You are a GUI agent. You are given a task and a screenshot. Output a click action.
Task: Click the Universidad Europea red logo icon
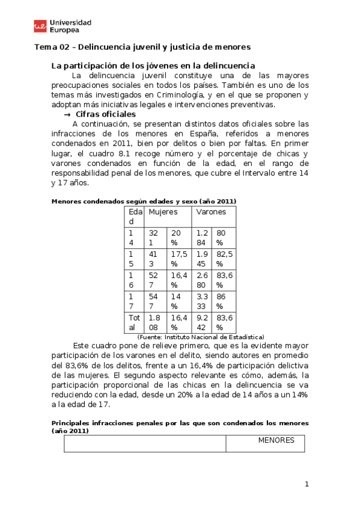point(40,26)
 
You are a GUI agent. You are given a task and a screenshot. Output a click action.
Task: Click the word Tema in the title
point(43,46)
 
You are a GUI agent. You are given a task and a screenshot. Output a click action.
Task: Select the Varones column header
point(211,212)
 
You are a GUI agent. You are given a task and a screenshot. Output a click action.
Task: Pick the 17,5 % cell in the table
point(178,259)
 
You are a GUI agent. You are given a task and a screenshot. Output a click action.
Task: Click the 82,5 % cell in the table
point(224,259)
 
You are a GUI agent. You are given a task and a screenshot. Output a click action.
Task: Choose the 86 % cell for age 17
point(223,301)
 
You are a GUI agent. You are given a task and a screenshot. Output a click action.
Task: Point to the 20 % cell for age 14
point(176,237)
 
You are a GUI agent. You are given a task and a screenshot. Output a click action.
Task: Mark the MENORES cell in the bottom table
point(276,440)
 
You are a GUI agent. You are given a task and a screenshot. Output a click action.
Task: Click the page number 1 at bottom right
point(307,484)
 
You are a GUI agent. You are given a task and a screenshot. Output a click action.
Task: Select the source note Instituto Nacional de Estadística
point(201,337)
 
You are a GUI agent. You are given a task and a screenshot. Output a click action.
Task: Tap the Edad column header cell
point(134,217)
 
